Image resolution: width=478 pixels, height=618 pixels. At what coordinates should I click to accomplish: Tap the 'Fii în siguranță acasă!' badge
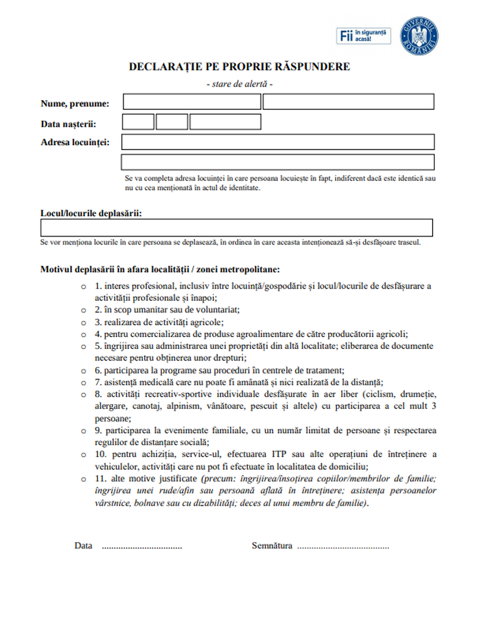(x=364, y=35)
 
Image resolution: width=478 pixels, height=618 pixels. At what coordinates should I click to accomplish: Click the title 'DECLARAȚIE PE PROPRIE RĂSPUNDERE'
(x=239, y=67)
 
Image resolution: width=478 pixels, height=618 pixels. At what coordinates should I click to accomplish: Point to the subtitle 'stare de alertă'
(x=239, y=84)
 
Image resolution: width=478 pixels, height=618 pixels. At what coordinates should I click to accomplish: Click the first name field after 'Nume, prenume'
(x=192, y=102)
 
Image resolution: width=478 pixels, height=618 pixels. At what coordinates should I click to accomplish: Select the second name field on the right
(x=348, y=102)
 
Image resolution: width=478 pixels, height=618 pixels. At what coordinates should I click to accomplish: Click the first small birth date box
(x=138, y=122)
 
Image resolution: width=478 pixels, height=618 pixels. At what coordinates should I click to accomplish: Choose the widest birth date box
(x=225, y=122)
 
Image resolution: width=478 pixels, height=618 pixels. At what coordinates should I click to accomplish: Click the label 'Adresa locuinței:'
(x=75, y=142)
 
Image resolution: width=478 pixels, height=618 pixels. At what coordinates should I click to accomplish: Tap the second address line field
(x=277, y=162)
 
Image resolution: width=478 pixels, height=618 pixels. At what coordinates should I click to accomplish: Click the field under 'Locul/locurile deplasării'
(x=237, y=228)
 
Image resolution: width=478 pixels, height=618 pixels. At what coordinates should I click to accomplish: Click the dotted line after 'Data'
(x=142, y=546)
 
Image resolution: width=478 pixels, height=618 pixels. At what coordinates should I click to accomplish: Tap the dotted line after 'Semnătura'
(x=343, y=546)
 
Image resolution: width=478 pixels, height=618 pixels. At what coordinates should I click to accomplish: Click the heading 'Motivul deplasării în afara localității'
(x=160, y=270)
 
